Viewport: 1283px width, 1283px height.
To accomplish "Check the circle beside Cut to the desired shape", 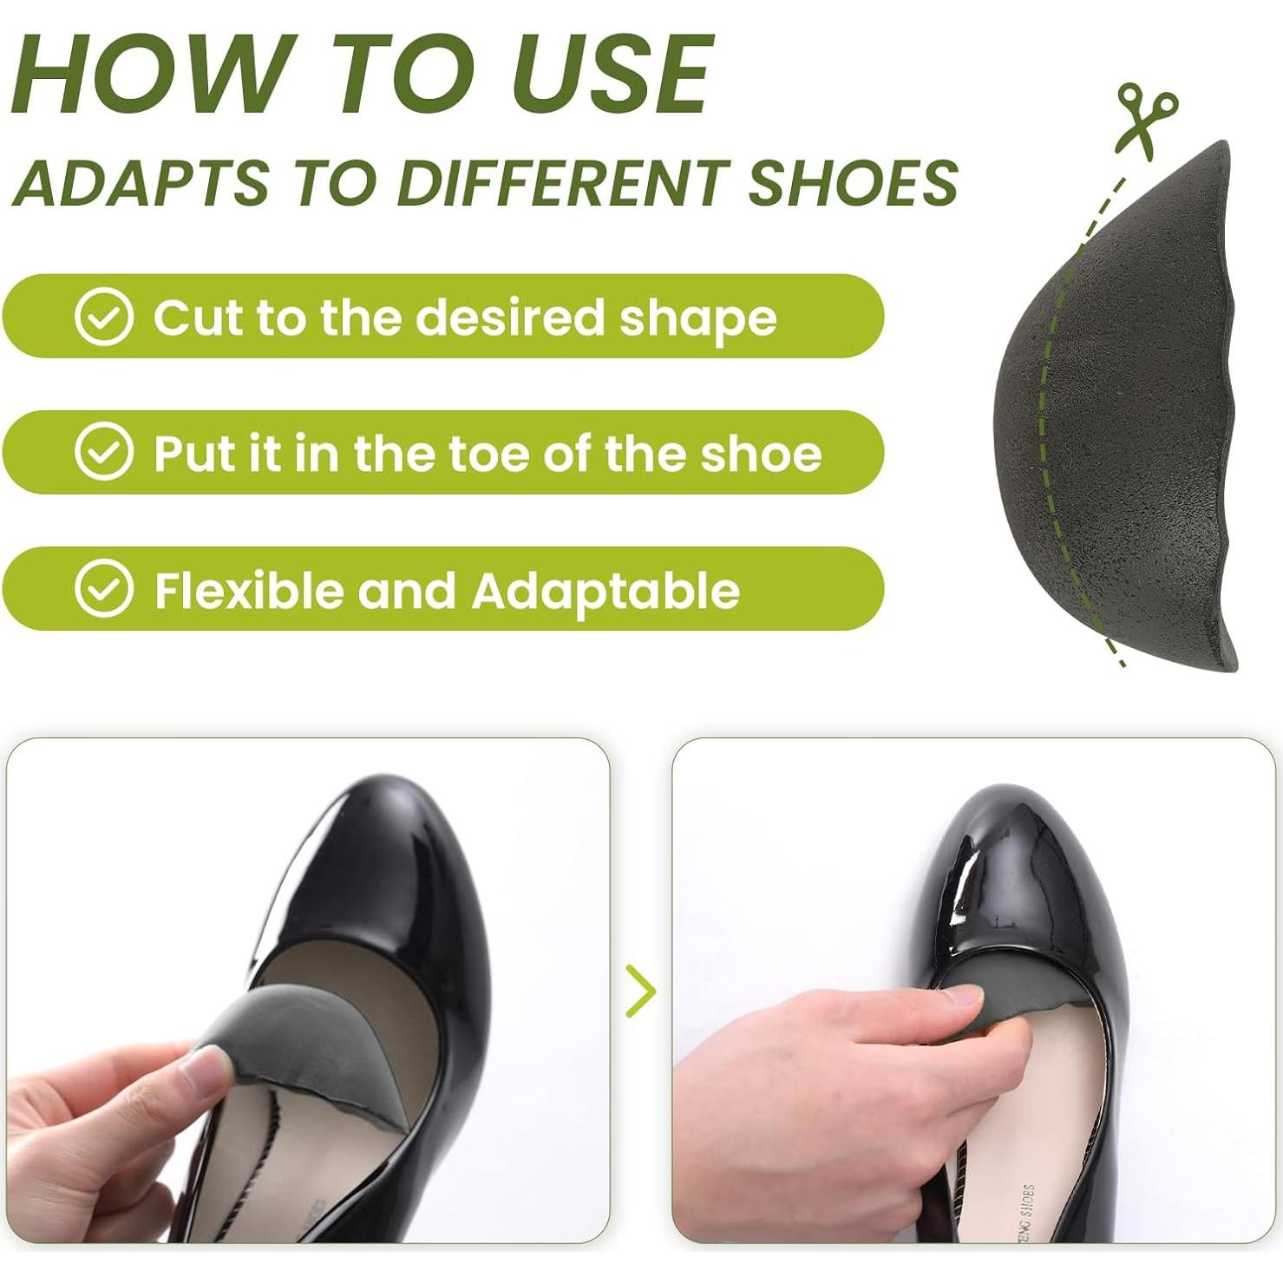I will pyautogui.click(x=104, y=317).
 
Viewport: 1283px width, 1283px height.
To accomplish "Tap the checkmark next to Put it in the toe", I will pyautogui.click(x=104, y=452).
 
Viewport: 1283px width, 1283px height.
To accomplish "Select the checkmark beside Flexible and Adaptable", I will pyautogui.click(x=104, y=589).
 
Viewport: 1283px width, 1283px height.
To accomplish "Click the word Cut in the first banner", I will pyautogui.click(x=194, y=317).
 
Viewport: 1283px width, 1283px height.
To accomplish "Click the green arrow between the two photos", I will pyautogui.click(x=640, y=992).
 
